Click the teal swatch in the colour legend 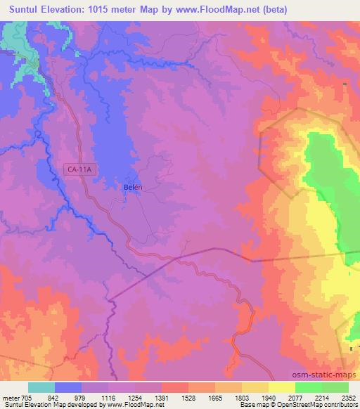click(41, 387)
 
